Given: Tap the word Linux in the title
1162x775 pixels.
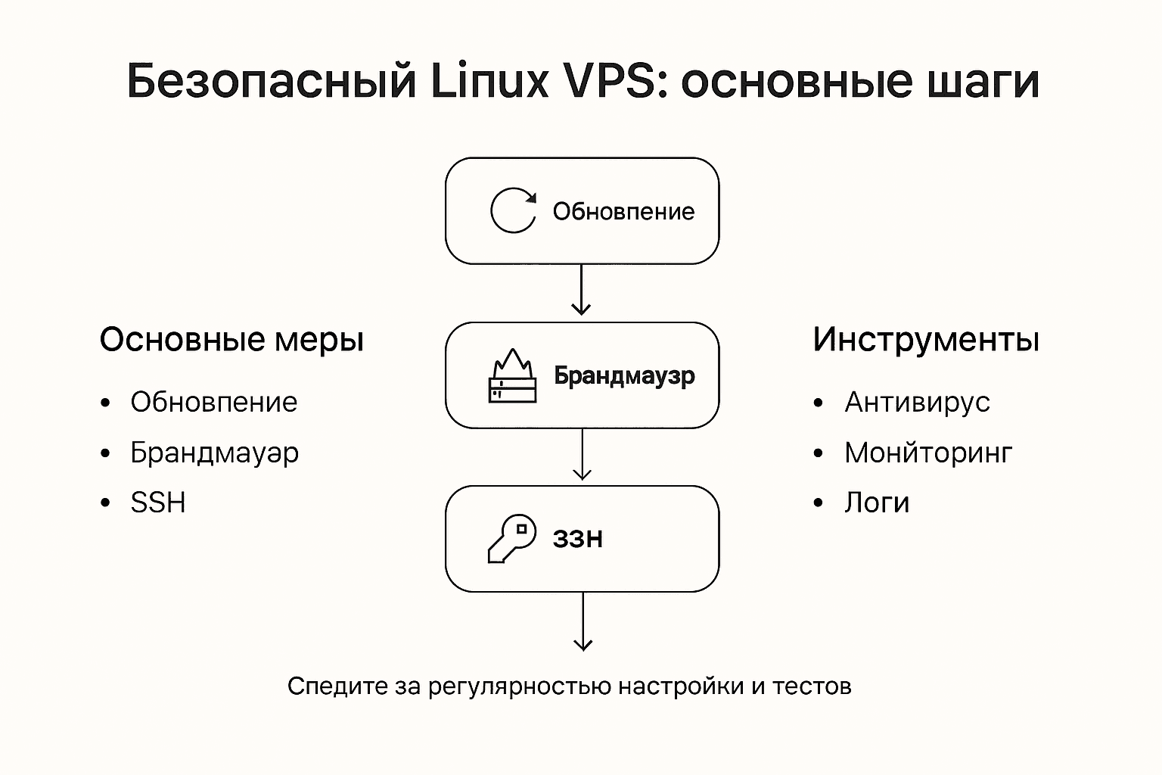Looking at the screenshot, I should coord(489,81).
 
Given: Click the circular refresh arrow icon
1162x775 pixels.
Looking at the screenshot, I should coord(513,210).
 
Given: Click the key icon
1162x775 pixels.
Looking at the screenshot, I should coord(511,538).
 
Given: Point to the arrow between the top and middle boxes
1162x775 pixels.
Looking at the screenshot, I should coord(581,290).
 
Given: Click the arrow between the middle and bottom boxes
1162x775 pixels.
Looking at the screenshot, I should coord(582,454).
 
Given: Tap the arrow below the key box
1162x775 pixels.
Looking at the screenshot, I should coord(583,621).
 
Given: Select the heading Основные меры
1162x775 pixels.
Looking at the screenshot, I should coord(231,340).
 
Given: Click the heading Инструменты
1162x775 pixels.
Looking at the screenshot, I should coord(925,339).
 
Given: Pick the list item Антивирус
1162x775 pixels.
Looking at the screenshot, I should coord(917,402).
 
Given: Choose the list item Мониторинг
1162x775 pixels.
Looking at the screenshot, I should coord(928,453).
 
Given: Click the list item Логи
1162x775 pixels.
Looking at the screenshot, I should coord(877,503).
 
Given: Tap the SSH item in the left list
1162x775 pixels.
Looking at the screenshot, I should coord(158,503).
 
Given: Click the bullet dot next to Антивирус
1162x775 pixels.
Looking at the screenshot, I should coord(818,403).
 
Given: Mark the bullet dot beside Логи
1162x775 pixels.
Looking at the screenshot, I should coord(818,503).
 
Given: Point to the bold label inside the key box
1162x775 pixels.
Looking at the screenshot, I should coord(578,539).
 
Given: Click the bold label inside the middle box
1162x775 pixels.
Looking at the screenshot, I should coord(624,375).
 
